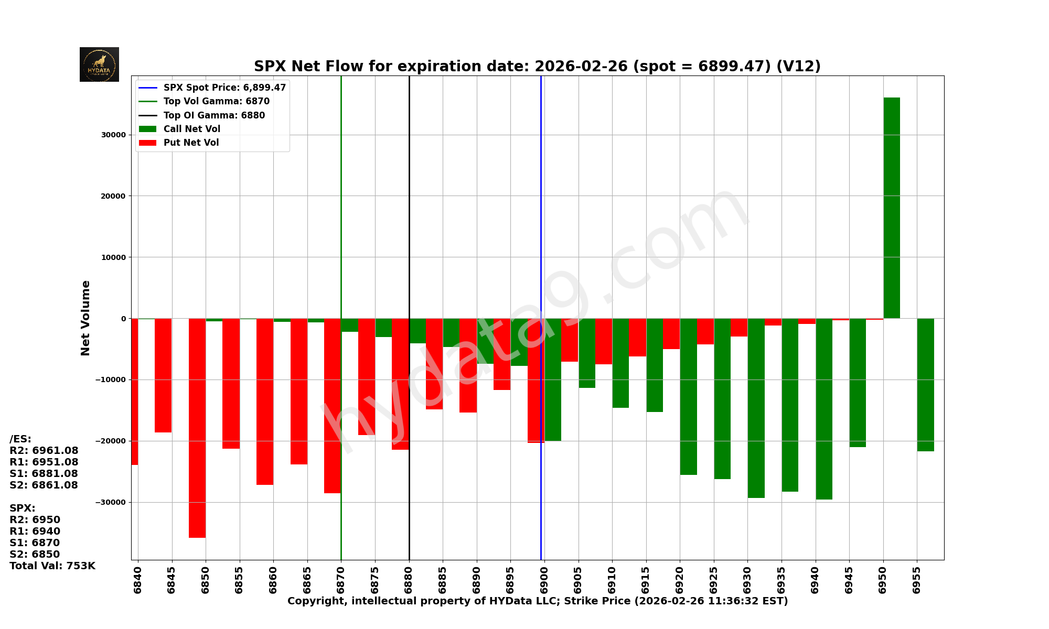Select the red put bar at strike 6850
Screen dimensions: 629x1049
(197, 428)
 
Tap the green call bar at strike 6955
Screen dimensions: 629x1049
(925, 385)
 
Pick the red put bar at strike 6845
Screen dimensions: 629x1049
(163, 375)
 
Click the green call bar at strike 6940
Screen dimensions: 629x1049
(824, 409)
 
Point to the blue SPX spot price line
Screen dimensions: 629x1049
(541, 210)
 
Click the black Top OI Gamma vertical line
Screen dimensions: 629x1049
(409, 210)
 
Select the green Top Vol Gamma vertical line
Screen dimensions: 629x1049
(341, 210)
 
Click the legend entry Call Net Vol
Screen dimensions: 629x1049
(191, 129)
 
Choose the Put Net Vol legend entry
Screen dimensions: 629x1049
(191, 143)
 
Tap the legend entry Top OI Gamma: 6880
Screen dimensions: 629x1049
(214, 115)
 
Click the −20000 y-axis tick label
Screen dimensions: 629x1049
(111, 441)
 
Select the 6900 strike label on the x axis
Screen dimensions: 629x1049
(544, 580)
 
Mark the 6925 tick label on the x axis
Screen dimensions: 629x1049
(714, 580)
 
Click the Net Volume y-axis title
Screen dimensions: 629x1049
(85, 318)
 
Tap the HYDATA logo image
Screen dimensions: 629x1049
(99, 64)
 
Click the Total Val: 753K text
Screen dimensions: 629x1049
(52, 566)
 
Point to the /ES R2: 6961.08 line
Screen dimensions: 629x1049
(44, 450)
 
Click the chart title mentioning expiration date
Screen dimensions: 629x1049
(537, 67)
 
